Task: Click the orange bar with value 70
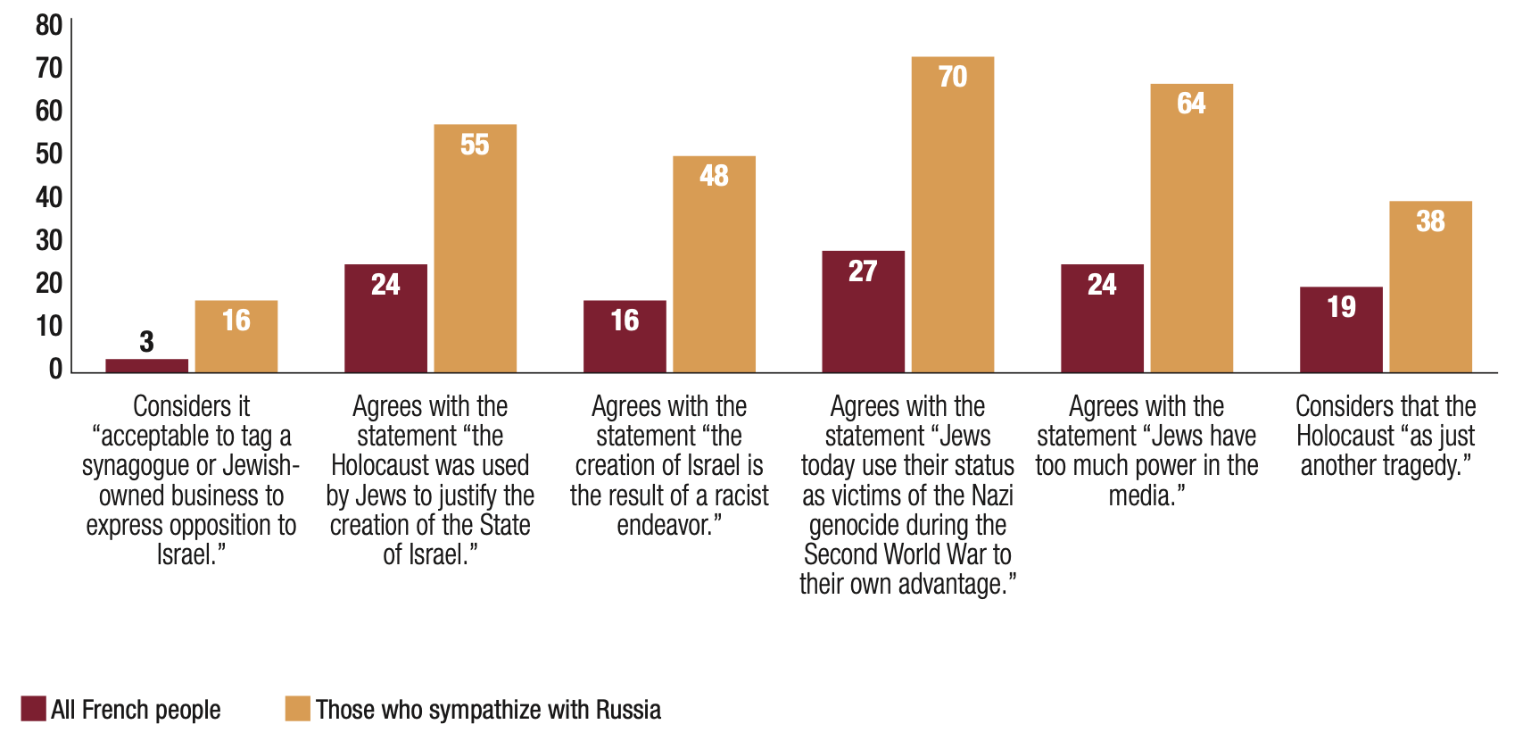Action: click(952, 214)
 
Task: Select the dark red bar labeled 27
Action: click(863, 312)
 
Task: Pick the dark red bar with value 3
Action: click(146, 365)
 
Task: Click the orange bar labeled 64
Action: click(1191, 228)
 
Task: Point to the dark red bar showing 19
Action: click(1341, 330)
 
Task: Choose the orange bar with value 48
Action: click(714, 264)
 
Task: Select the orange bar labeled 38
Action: click(1430, 287)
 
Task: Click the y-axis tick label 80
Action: click(49, 25)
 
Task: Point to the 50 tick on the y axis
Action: click(49, 154)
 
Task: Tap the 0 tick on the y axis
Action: click(55, 369)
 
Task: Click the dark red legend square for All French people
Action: click(34, 709)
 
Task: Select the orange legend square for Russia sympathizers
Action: click(298, 709)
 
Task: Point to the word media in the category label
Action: click(1143, 495)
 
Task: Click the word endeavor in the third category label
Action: click(665, 525)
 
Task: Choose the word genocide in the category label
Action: click(862, 525)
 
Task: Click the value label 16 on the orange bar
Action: click(236, 320)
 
